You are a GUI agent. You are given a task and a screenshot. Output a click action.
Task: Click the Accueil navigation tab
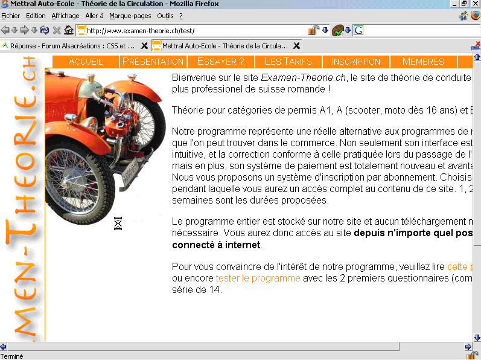(86, 62)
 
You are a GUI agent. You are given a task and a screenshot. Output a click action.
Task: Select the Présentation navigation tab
(153, 62)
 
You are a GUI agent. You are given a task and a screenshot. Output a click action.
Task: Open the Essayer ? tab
(221, 62)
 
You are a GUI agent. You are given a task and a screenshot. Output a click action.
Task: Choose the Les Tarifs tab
(288, 62)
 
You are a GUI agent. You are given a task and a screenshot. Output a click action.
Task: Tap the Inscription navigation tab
(356, 62)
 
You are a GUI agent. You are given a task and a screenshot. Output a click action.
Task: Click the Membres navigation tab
(423, 62)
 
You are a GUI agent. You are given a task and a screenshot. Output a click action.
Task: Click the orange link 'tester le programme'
(258, 278)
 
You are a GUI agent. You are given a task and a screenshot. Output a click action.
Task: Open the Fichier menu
(11, 16)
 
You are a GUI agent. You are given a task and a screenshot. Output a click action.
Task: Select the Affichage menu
(65, 16)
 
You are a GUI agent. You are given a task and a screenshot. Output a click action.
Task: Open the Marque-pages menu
(130, 16)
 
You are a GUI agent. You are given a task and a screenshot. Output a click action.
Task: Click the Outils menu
(165, 16)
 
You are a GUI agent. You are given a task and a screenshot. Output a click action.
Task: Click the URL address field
(193, 30)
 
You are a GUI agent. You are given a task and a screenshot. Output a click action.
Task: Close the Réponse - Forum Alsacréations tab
(144, 45)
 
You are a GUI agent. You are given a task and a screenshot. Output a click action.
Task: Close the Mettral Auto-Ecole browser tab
(296, 45)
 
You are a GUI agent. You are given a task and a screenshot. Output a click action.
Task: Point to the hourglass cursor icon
(118, 224)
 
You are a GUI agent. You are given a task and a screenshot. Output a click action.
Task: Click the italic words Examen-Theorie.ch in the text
(304, 77)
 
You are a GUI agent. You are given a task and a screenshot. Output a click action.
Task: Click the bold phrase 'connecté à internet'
(217, 245)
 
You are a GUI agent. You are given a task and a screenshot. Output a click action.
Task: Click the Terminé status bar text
(12, 356)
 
